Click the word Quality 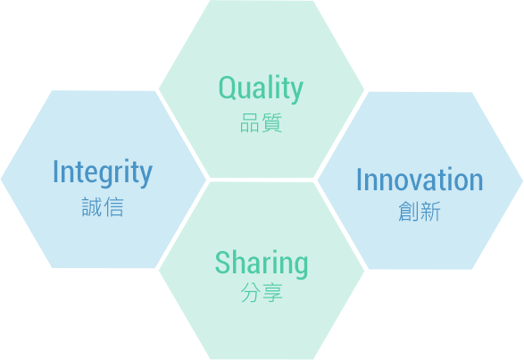click(261, 88)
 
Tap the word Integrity click(103, 172)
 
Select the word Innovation click(420, 180)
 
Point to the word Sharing click(262, 264)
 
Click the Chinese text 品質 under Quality click(262, 122)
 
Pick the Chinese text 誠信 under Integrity click(103, 207)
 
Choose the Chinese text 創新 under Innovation click(420, 211)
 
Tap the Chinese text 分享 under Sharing click(262, 293)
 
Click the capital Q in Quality click(228, 88)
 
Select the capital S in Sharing click(223, 262)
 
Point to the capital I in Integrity click(55, 171)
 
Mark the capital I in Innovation click(359, 179)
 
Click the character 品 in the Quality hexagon click(250, 122)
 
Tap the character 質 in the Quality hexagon click(272, 122)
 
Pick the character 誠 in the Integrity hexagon click(92, 207)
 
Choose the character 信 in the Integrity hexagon click(113, 207)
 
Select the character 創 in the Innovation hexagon click(409, 211)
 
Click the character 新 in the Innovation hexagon click(431, 211)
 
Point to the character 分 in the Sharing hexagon click(251, 293)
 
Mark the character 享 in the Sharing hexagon click(272, 293)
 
